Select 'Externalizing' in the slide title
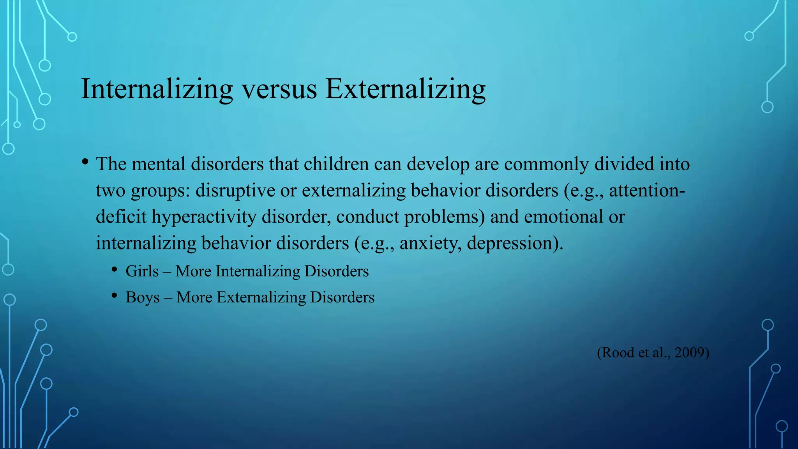[405, 90]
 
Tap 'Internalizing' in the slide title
[157, 90]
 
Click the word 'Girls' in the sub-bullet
[142, 271]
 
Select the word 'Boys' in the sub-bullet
[143, 297]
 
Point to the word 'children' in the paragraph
[336, 164]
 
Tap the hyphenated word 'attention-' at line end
[647, 191]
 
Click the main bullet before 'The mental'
[85, 162]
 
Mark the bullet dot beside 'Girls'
[114, 270]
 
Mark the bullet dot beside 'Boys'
[114, 296]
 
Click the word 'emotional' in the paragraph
[563, 217]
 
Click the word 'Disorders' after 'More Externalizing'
[342, 297]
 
